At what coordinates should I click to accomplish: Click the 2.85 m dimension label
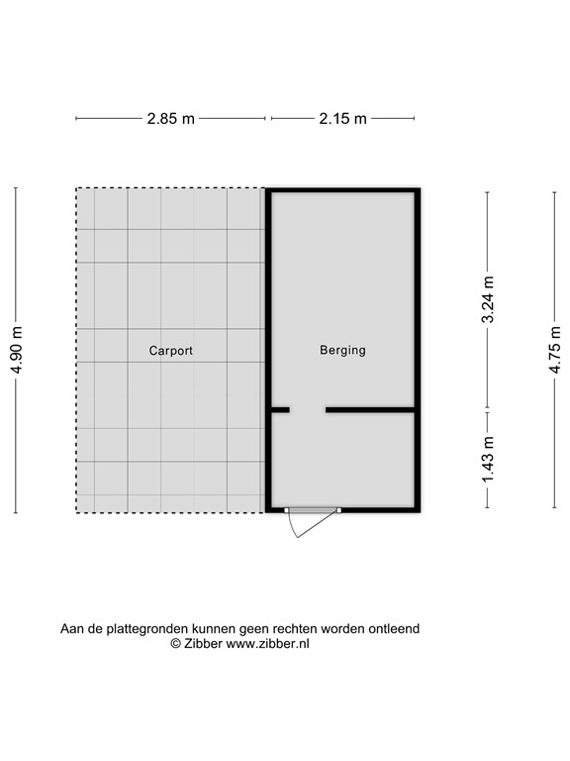click(x=170, y=119)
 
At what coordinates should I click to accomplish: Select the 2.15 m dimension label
click(x=342, y=119)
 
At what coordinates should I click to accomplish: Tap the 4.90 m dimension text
click(x=16, y=350)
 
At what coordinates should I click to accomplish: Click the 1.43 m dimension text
click(x=487, y=460)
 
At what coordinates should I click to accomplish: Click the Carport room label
click(x=170, y=351)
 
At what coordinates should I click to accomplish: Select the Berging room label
click(x=342, y=351)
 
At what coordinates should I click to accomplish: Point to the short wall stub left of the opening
click(x=280, y=409)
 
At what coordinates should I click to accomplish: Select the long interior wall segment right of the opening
click(x=370, y=409)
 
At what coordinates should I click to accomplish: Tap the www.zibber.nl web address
click(x=267, y=644)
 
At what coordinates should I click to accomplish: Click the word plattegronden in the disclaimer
click(x=140, y=628)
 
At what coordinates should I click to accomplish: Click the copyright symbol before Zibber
click(x=175, y=644)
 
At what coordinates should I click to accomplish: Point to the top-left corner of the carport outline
click(x=76, y=189)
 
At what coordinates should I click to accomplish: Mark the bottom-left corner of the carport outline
click(x=76, y=512)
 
